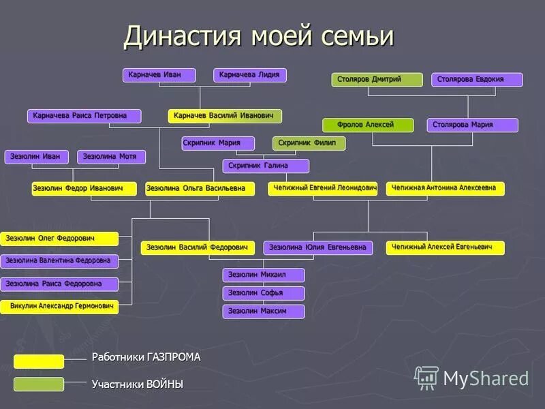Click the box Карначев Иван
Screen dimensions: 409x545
click(x=159, y=75)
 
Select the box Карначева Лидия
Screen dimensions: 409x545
click(x=250, y=75)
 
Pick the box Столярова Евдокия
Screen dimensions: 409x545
click(x=477, y=80)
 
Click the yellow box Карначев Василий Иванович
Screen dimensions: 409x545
click(x=225, y=116)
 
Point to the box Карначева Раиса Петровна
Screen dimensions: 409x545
click(x=84, y=116)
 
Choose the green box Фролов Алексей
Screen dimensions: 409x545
click(x=368, y=125)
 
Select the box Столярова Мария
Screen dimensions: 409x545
click(x=472, y=125)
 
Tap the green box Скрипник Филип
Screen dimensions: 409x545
click(x=309, y=143)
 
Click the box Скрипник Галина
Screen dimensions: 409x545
click(x=266, y=166)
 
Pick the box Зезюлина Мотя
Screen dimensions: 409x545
click(x=112, y=157)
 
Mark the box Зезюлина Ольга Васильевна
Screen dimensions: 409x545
click(x=200, y=189)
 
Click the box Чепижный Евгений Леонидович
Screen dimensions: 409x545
click(x=322, y=189)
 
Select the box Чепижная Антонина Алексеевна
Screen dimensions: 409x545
click(x=446, y=189)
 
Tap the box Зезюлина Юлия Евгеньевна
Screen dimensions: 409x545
click(x=318, y=247)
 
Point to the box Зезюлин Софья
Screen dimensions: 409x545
click(x=264, y=293)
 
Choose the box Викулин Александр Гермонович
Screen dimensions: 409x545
click(x=60, y=307)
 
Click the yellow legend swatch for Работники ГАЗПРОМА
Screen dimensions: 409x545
click(x=39, y=361)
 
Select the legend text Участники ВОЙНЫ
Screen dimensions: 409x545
click(x=138, y=384)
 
